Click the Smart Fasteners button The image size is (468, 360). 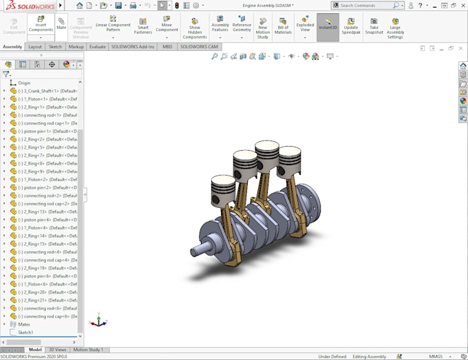143,25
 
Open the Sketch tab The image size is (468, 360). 55,47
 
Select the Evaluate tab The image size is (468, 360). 98,47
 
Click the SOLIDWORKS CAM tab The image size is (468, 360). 198,47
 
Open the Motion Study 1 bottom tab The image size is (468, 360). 88,350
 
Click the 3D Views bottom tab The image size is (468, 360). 57,350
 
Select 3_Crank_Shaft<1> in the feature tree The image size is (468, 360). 47,91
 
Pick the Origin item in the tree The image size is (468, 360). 24,83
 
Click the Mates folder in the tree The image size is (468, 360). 23,324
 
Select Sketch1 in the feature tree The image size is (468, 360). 25,332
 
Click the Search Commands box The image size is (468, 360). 365,6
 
